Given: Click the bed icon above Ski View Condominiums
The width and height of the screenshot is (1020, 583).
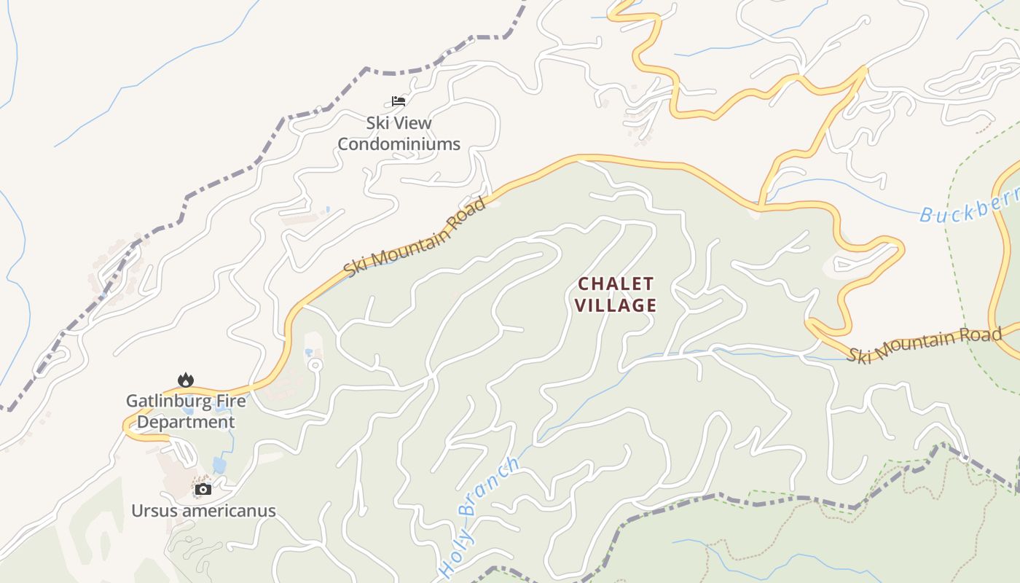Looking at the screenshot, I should click(x=398, y=101).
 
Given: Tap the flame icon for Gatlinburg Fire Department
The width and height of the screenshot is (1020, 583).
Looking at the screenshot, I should click(x=186, y=380).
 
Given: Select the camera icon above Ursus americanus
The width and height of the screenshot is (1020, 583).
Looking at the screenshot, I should click(x=203, y=489).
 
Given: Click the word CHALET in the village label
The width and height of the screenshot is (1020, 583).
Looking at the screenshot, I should click(x=616, y=283).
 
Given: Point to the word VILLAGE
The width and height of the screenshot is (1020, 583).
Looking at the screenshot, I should click(x=616, y=305).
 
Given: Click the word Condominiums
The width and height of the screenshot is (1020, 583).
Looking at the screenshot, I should click(x=399, y=144).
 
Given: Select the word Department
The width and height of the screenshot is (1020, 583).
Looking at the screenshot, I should click(x=186, y=422).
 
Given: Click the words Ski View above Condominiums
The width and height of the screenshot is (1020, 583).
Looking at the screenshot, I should click(x=399, y=123).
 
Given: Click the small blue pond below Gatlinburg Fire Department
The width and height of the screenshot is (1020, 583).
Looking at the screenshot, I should click(x=219, y=464).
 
